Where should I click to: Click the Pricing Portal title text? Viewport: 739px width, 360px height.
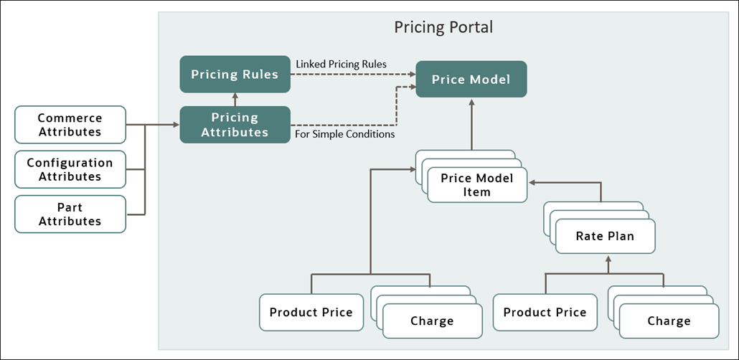click(443, 27)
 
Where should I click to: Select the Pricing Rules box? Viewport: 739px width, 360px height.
click(235, 74)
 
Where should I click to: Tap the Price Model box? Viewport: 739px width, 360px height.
click(471, 79)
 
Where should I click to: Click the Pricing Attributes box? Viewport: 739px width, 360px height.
click(235, 124)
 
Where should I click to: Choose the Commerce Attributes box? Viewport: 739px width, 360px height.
click(70, 124)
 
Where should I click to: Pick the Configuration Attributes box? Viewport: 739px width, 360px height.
click(70, 169)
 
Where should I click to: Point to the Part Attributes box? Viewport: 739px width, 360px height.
click(70, 214)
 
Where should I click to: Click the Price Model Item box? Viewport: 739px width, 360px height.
click(476, 184)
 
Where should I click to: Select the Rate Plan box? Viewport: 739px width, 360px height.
click(605, 236)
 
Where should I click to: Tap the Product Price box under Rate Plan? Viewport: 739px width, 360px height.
click(545, 312)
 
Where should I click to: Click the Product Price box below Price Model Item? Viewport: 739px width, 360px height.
click(311, 312)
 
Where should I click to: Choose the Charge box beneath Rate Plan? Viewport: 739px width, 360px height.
click(669, 321)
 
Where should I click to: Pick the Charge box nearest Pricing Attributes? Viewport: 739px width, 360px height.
click(432, 321)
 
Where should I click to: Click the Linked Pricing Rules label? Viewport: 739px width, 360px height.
click(341, 64)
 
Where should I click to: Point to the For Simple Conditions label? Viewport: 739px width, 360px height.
click(344, 133)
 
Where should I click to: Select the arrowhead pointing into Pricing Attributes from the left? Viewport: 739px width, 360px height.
click(175, 124)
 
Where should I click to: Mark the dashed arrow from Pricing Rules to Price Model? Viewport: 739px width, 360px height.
click(352, 74)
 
